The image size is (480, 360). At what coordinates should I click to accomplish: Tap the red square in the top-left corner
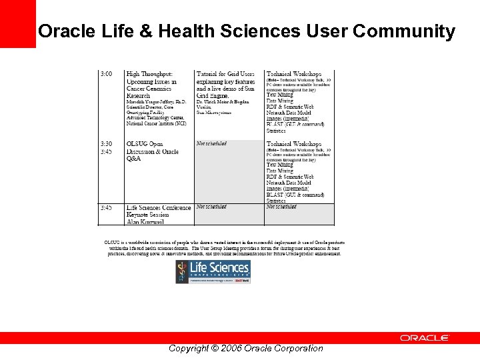pyautogui.click(x=17, y=23)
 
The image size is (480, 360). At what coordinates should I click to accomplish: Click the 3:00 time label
pyautogui.click(x=106, y=74)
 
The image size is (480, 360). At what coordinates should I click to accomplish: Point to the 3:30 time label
pyautogui.click(x=106, y=144)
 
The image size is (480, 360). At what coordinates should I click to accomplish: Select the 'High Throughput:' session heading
pyautogui.click(x=149, y=74)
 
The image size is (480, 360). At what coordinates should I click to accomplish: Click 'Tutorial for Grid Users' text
pyautogui.click(x=225, y=74)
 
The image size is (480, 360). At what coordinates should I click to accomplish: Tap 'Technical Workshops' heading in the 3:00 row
pyautogui.click(x=293, y=74)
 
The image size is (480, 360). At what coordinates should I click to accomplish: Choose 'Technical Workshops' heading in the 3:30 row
pyautogui.click(x=293, y=144)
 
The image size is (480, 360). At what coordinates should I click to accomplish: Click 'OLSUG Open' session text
pyautogui.click(x=145, y=144)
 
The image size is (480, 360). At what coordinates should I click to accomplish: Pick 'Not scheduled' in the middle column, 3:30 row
pyautogui.click(x=211, y=143)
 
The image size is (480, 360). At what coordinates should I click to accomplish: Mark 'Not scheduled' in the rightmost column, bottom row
pyautogui.click(x=281, y=207)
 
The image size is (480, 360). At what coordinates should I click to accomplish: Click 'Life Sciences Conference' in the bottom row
pyautogui.click(x=159, y=208)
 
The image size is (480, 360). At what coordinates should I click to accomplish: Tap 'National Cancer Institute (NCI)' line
pyautogui.click(x=157, y=124)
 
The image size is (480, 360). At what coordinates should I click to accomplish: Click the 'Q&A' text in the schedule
pyautogui.click(x=133, y=159)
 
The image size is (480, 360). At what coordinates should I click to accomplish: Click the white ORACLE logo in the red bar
pyautogui.click(x=425, y=338)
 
